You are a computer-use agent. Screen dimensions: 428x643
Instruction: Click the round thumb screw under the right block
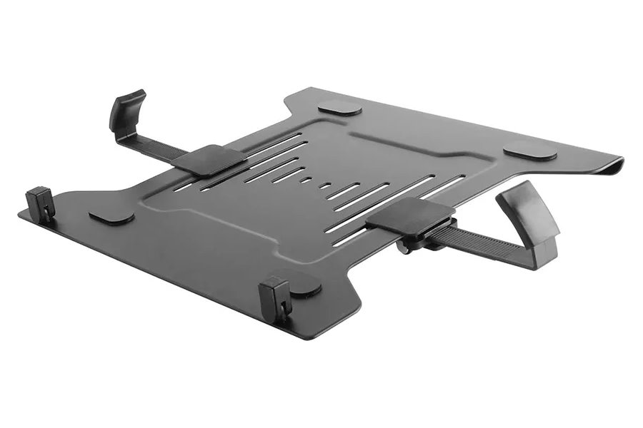point(405,248)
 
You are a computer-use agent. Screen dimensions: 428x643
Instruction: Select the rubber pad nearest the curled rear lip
point(529,151)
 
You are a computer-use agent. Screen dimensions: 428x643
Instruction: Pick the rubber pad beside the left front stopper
point(111,215)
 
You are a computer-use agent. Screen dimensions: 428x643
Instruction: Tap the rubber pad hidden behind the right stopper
point(304,282)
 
